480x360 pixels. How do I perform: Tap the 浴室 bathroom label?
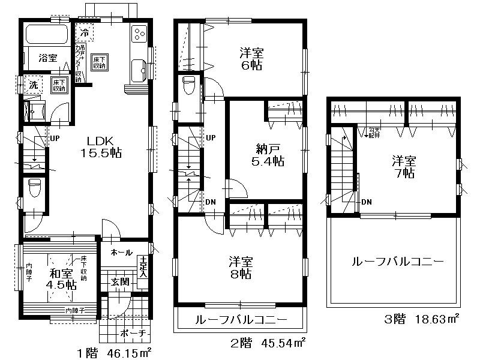point(48,58)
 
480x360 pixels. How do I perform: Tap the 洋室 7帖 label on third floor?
point(403,167)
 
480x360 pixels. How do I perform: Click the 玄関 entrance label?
point(118,281)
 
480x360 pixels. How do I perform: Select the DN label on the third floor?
point(366,202)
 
